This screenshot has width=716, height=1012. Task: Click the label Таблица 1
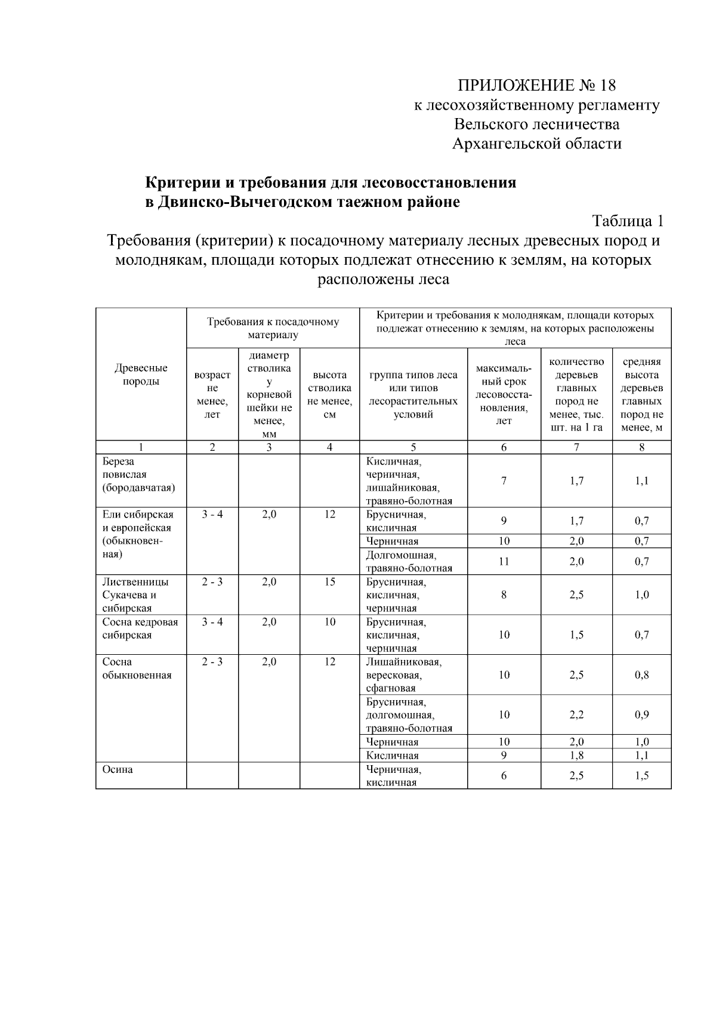click(x=627, y=221)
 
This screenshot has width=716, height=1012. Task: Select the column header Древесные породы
click(x=141, y=375)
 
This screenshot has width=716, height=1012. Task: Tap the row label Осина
click(x=118, y=769)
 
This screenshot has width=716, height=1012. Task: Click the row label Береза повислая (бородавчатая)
click(x=138, y=475)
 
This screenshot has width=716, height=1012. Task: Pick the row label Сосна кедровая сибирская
click(x=140, y=629)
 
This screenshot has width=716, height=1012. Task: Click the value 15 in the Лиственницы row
click(x=329, y=582)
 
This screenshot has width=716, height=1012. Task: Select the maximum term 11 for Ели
click(x=504, y=561)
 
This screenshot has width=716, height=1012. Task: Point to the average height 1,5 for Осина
click(x=641, y=775)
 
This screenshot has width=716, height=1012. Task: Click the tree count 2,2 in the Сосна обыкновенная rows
click(x=576, y=714)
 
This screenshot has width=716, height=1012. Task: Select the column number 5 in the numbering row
click(x=413, y=447)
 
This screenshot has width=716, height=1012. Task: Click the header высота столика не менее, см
click(x=329, y=394)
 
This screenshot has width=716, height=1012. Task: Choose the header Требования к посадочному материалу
click(x=273, y=328)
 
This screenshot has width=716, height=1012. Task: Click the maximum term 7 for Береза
click(x=504, y=481)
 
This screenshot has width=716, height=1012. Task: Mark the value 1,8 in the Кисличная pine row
click(x=576, y=756)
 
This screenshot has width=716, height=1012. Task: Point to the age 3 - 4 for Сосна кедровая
click(x=212, y=622)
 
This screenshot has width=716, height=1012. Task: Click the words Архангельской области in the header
click(x=536, y=144)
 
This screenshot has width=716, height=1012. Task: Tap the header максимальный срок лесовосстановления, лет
click(x=504, y=394)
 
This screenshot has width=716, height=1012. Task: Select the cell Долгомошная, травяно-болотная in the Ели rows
click(x=409, y=562)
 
